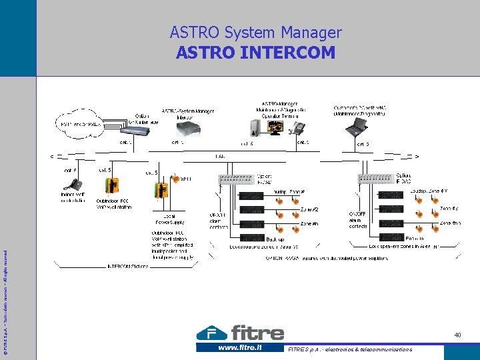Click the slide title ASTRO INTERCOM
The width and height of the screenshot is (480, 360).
pos(255,52)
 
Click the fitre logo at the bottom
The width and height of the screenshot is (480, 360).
pos(241,332)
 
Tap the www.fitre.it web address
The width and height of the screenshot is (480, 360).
pos(239,348)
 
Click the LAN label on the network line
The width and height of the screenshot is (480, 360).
pos(219,157)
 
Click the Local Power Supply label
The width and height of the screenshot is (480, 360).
pos(169,219)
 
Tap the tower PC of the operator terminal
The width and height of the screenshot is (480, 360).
pos(255,127)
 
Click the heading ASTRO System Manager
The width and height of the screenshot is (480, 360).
pos(255,32)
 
